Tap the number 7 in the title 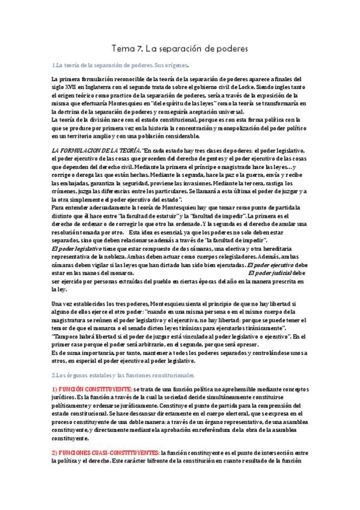coord(142,46)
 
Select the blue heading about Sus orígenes coord(120,64)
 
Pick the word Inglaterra coord(109,86)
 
